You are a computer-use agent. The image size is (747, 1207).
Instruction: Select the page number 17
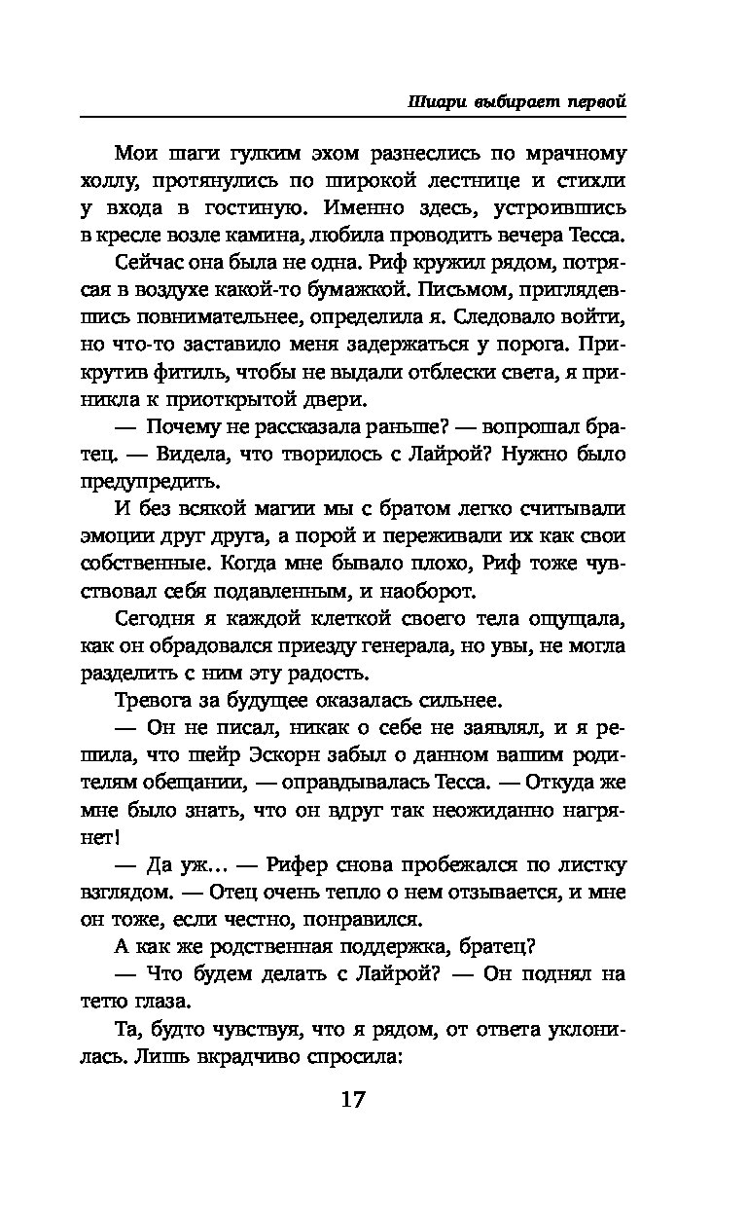[353, 1101]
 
